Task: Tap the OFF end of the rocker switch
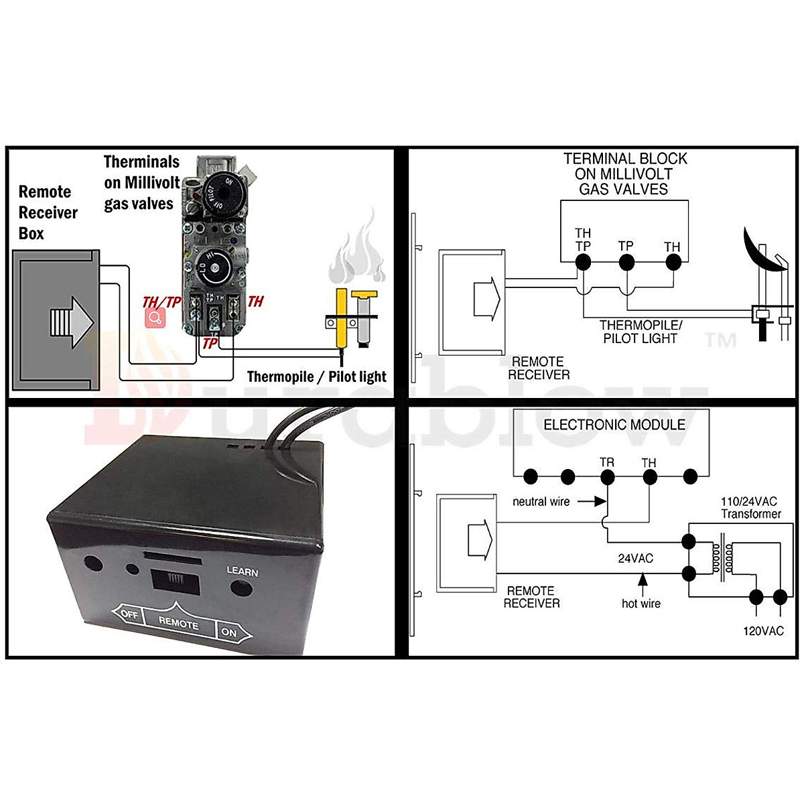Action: (x=129, y=614)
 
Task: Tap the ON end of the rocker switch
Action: (x=230, y=632)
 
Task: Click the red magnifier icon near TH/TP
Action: (x=155, y=318)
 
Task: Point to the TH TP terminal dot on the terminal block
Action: (x=584, y=262)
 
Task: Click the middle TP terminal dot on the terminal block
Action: (x=626, y=262)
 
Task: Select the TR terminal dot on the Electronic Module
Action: (x=608, y=477)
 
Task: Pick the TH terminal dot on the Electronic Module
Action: (x=649, y=477)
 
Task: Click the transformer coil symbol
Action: (x=723, y=556)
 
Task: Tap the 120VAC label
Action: (x=763, y=631)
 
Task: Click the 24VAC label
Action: (x=635, y=558)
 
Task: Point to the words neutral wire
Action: (x=541, y=501)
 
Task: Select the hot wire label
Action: (x=641, y=604)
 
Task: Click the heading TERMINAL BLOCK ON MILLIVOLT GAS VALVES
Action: (x=624, y=174)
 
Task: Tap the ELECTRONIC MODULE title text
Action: (x=614, y=425)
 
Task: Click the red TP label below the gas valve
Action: (x=210, y=343)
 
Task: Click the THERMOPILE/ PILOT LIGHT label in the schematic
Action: (x=641, y=332)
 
